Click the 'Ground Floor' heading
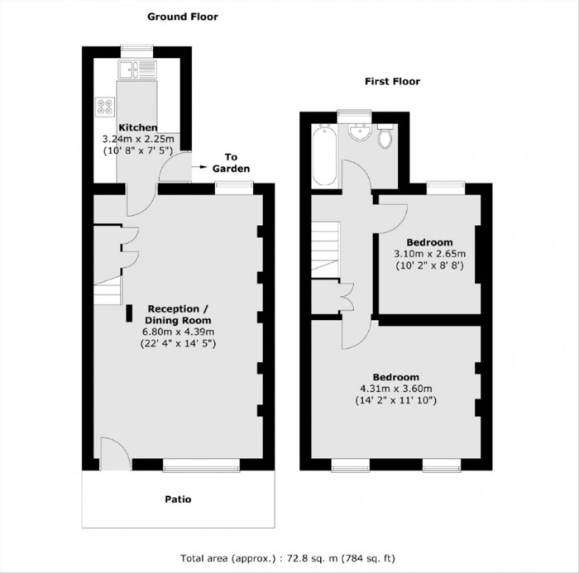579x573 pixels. tap(182, 16)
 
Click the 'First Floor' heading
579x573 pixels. tap(393, 81)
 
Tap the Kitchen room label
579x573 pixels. tap(138, 127)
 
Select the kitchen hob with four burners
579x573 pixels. tap(106, 106)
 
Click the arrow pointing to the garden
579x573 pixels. tap(201, 168)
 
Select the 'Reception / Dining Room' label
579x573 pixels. tap(178, 314)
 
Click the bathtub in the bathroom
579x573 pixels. tap(325, 155)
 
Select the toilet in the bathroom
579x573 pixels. tap(385, 138)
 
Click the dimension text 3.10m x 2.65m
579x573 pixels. tap(429, 254)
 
